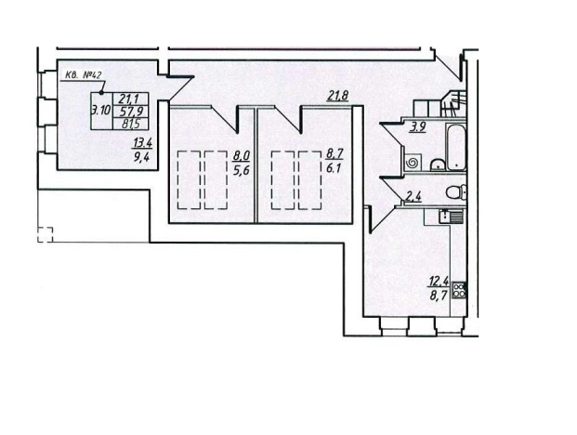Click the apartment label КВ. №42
tap(83, 75)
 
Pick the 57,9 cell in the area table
tap(131, 112)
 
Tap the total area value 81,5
tap(131, 124)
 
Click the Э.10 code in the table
tap(101, 111)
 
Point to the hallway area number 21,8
tap(337, 96)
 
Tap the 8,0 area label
tap(241, 155)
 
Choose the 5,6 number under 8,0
tap(242, 170)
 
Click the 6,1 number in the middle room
tap(334, 168)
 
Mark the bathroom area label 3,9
tap(418, 127)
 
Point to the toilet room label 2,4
tap(413, 198)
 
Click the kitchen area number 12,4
tap(439, 282)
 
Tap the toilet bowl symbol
tap(456, 191)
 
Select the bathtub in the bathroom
tap(456, 147)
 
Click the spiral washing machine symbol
tap(413, 163)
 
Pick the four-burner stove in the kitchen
tap(459, 290)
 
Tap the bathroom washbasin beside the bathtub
tap(438, 165)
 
